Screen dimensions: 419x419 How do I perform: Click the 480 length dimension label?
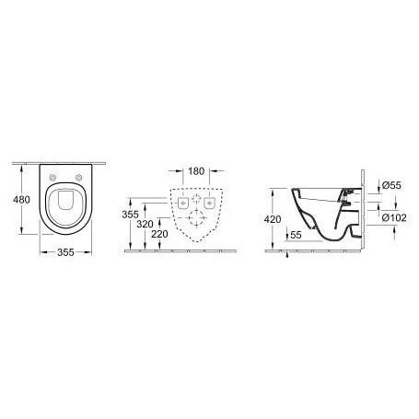coord(21,200)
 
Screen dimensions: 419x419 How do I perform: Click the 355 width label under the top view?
coord(65,252)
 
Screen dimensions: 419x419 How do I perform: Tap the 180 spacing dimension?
coord(196,171)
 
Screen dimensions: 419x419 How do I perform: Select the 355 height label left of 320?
coord(130,215)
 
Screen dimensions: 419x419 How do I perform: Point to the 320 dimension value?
coord(145,224)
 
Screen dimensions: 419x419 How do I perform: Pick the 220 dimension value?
coord(159,234)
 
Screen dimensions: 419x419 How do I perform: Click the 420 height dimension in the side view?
coord(273,219)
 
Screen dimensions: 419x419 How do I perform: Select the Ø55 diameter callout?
coord(391,185)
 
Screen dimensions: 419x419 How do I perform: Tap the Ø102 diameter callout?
coord(394,217)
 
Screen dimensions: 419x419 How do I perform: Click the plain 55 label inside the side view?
coord(296,235)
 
